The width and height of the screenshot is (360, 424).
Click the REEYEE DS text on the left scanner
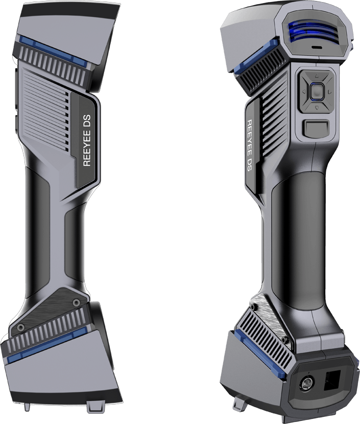(x=87, y=140)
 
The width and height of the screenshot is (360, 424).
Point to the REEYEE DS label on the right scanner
(x=250, y=146)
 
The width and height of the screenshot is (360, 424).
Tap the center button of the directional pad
(x=317, y=92)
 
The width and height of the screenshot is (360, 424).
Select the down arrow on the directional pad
(x=317, y=108)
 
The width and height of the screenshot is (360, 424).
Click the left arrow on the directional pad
(x=303, y=92)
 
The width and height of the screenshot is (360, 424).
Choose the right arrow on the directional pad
(x=329, y=92)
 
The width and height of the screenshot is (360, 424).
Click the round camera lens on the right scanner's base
(x=307, y=383)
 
